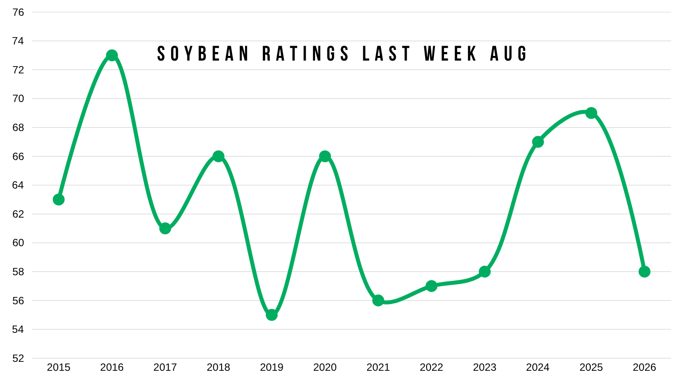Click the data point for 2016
[112, 55]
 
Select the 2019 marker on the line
[271, 315]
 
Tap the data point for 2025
[591, 113]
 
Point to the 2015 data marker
[58, 200]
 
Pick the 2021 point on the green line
[378, 300]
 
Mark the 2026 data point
[644, 271]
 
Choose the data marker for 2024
[538, 142]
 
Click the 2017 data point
[165, 228]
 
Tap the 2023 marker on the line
[485, 271]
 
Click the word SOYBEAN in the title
[203, 54]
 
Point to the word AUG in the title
[508, 54]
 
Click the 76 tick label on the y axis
[18, 12]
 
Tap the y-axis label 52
[18, 358]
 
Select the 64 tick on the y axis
[18, 185]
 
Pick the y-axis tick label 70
[18, 99]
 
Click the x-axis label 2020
[325, 367]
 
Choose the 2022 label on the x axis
[432, 367]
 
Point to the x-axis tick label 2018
[218, 367]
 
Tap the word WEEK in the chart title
[450, 54]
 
